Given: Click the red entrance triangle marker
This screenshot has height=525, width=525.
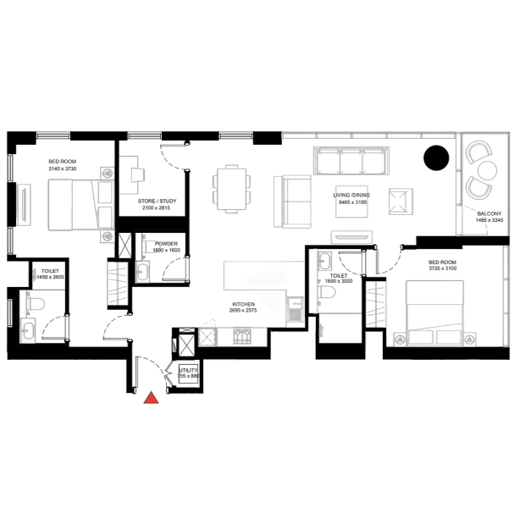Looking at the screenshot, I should pos(152,398).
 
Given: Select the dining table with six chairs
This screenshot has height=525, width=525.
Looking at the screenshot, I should pos(232,187).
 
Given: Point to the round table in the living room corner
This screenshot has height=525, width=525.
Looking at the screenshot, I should pos(437,159).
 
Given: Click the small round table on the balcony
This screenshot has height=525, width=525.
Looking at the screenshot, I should pos(483,169).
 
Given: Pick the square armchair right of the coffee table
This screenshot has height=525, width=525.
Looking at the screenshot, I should pos(400,202).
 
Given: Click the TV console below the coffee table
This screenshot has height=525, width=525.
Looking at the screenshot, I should pos(350,235).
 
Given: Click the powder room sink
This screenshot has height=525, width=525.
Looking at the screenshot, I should pos(143,269).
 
